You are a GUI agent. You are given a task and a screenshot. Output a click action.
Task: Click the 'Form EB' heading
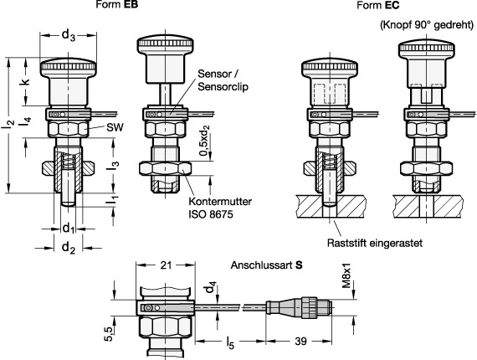117,5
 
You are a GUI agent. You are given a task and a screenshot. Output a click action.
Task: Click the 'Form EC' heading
377,5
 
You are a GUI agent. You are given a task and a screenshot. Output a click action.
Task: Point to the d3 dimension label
68,35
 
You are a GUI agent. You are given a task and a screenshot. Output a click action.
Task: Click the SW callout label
115,127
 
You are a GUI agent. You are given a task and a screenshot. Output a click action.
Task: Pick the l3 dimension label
115,165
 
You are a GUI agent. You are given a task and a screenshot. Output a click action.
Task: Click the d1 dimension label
68,228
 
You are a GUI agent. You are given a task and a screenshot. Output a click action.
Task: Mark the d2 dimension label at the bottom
68,248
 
